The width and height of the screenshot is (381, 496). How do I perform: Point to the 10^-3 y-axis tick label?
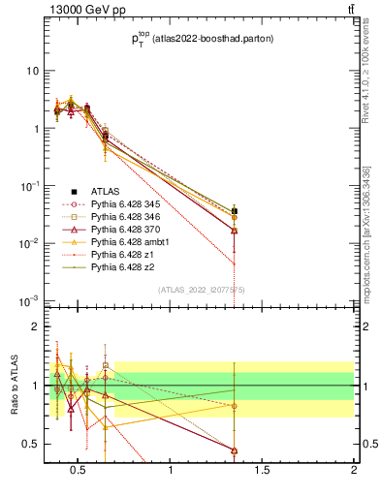pyautogui.click(x=29, y=300)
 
